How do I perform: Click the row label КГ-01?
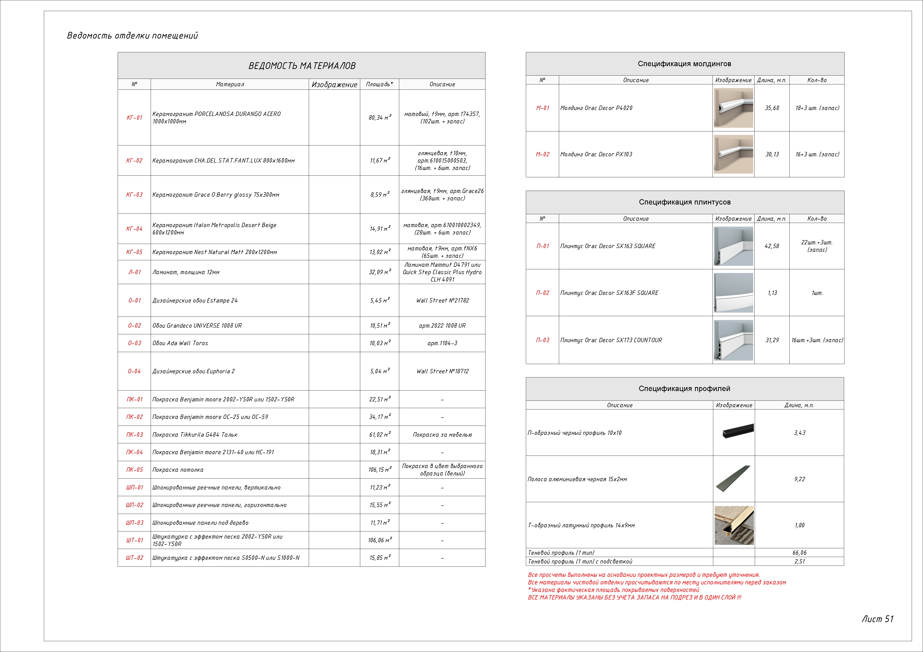(134, 118)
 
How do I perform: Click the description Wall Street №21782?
(442, 300)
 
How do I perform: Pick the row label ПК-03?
(134, 435)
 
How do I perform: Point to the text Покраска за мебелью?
(442, 435)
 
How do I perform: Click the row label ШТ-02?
(134, 558)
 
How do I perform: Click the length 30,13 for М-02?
(772, 154)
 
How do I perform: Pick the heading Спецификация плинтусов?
(685, 202)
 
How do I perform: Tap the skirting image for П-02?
(733, 293)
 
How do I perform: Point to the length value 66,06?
(799, 553)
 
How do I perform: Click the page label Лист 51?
(877, 619)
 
